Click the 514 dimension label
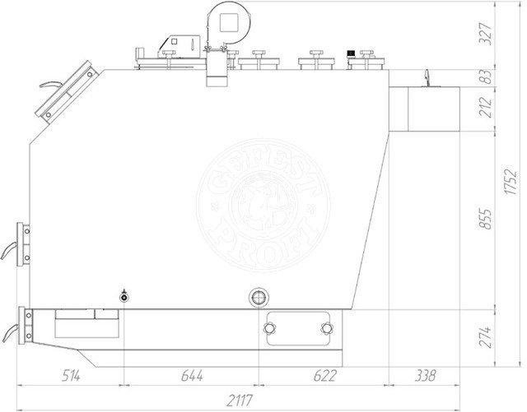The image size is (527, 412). coord(71,376)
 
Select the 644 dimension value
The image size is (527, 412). coord(192,376)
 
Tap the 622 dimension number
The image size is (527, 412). coord(324,376)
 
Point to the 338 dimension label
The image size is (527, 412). coord(425,376)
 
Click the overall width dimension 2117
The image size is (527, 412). coord(240,400)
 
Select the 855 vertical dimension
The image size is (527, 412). coord(485,220)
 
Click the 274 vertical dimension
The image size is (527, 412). coord(485,337)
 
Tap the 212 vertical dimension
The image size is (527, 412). coord(485,108)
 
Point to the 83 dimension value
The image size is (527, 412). coord(485,77)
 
